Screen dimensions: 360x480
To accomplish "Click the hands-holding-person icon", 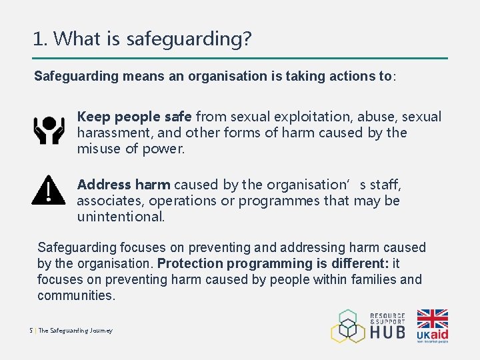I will pyautogui.click(x=49, y=131).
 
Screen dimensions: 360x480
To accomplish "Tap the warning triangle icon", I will pyautogui.click(x=48, y=190).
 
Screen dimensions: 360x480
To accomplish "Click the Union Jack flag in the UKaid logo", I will pyautogui.click(x=433, y=319).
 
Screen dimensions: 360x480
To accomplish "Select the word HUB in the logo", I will pyautogui.click(x=388, y=331).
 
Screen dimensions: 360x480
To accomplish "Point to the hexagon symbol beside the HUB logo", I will pyautogui.click(x=348, y=326).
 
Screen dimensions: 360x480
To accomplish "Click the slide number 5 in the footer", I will pyautogui.click(x=31, y=331).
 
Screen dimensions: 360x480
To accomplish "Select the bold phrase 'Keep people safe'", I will pyautogui.click(x=134, y=117).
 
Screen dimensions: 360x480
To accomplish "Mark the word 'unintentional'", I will pyautogui.click(x=120, y=217).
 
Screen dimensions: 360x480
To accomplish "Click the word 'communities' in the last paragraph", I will pyautogui.click(x=75, y=295).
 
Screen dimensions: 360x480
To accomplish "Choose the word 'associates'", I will pyautogui.click(x=109, y=201).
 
